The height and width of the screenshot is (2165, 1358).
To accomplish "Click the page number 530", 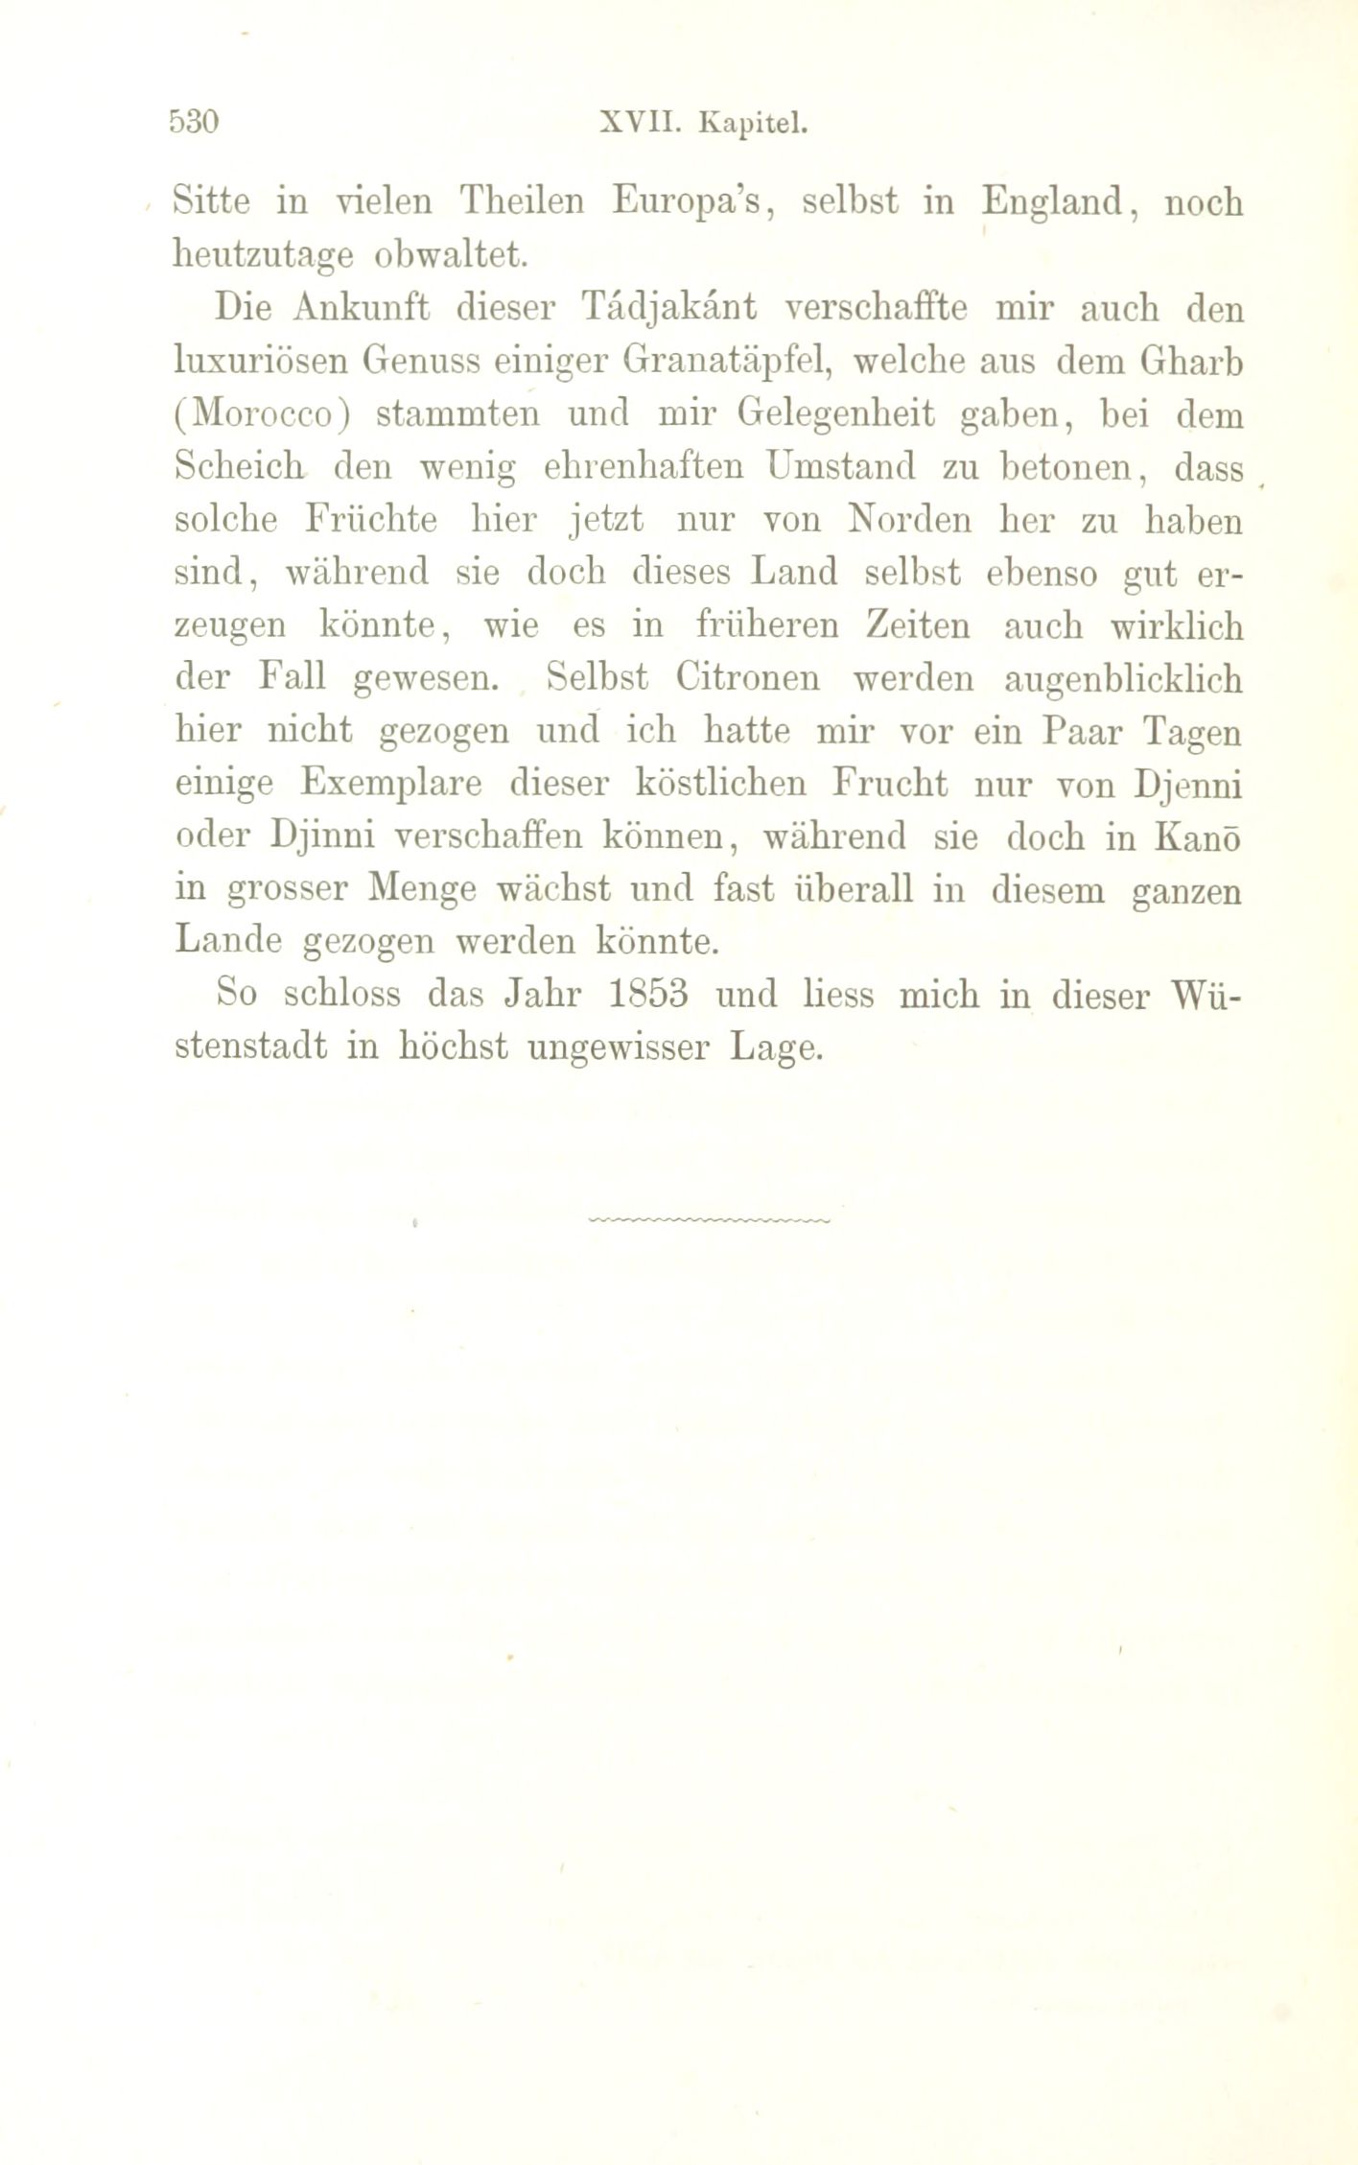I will pyautogui.click(x=195, y=124).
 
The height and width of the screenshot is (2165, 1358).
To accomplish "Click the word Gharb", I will pyautogui.click(x=1192, y=362).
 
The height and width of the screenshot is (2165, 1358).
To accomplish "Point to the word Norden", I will pyautogui.click(x=908, y=520).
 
